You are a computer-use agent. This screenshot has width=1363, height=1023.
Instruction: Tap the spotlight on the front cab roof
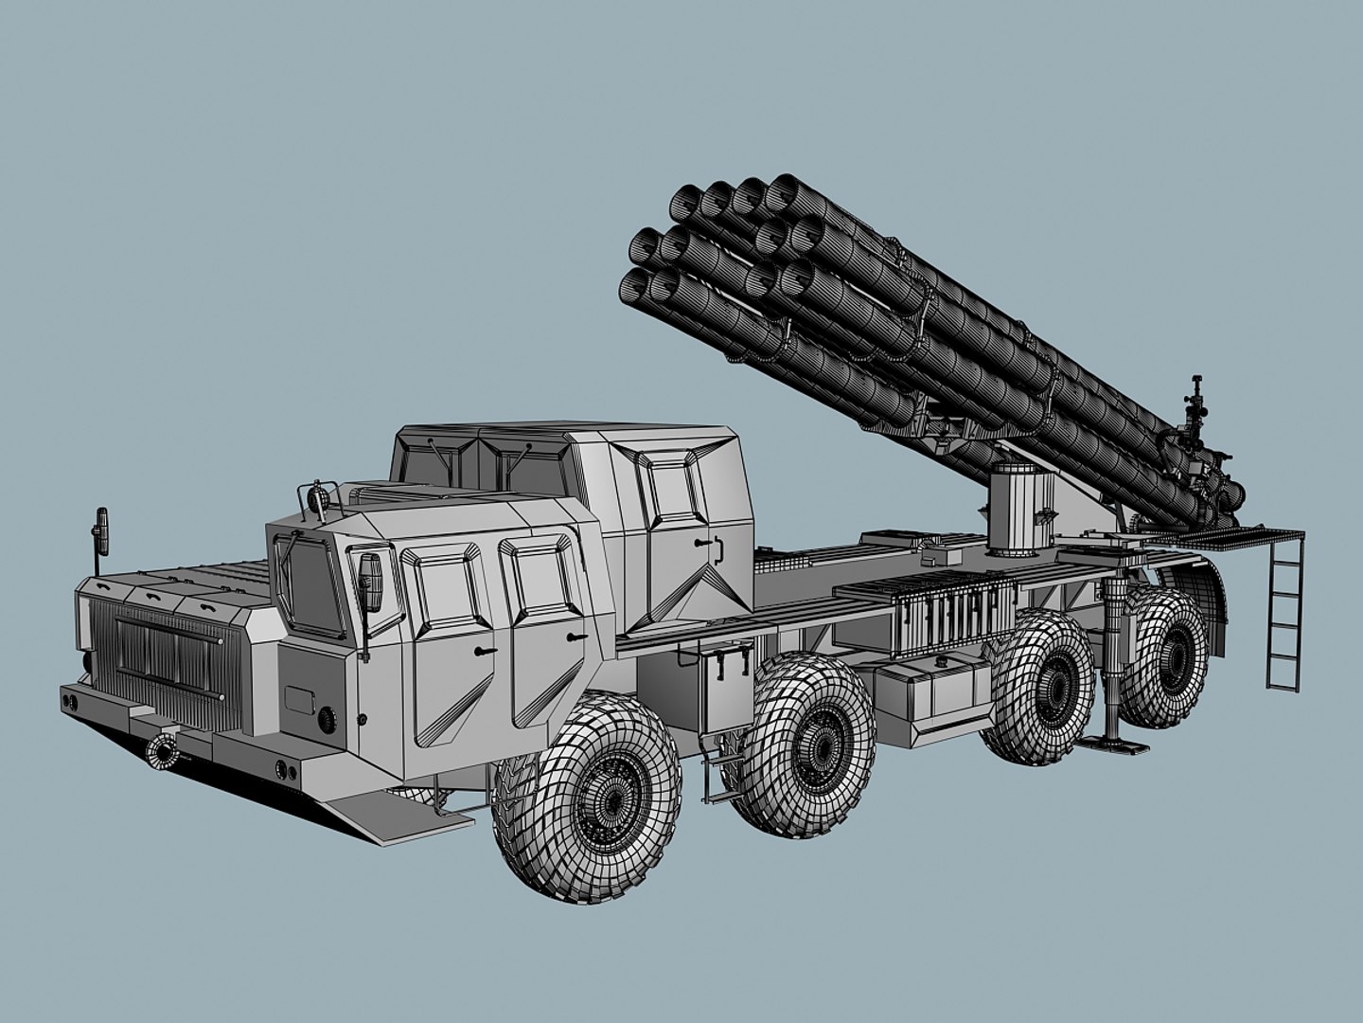317,494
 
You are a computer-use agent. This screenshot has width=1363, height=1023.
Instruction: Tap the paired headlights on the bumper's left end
69,702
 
